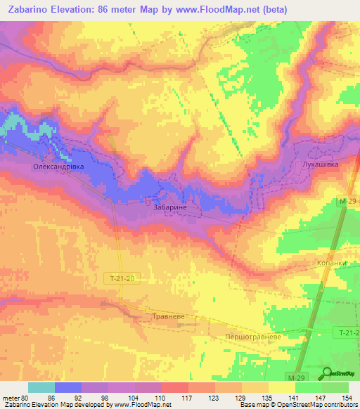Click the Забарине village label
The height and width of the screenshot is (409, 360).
[x=169, y=208]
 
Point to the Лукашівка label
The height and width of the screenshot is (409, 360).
[x=320, y=164]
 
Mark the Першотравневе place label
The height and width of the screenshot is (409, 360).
[x=252, y=337]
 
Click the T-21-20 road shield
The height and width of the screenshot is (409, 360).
[x=121, y=278]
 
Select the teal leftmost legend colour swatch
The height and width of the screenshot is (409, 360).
[x=41, y=387]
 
